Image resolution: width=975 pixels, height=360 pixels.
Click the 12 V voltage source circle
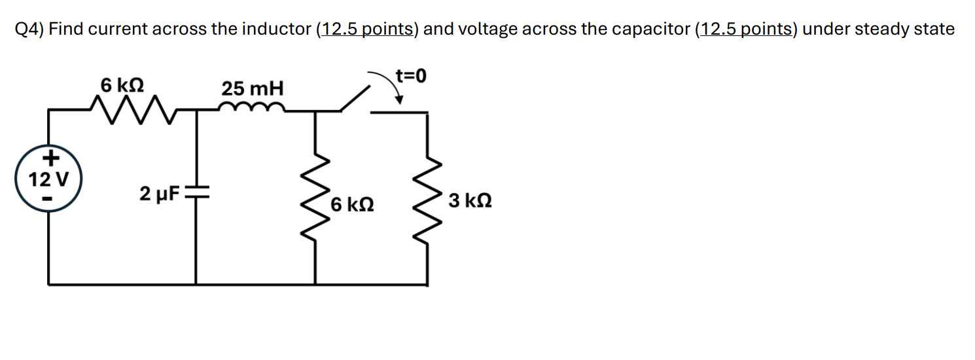pos(49,178)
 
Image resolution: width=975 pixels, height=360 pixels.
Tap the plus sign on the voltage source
pos(50,158)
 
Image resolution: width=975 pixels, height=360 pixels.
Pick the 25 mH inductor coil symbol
pos(252,107)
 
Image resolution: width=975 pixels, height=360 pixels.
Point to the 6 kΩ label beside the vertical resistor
pos(353,204)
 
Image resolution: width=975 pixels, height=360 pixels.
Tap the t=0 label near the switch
pos(410,76)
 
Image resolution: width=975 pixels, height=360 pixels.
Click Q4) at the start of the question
pos(29,29)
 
